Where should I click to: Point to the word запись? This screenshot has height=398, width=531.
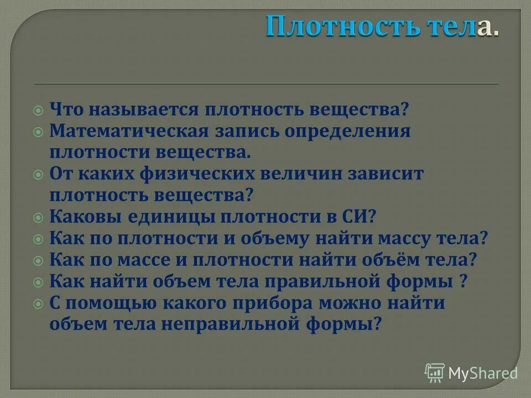(250, 132)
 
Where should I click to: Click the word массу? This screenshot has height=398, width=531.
(412, 238)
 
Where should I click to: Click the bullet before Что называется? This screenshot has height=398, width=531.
(38, 110)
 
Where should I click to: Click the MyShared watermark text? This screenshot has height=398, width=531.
(482, 373)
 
